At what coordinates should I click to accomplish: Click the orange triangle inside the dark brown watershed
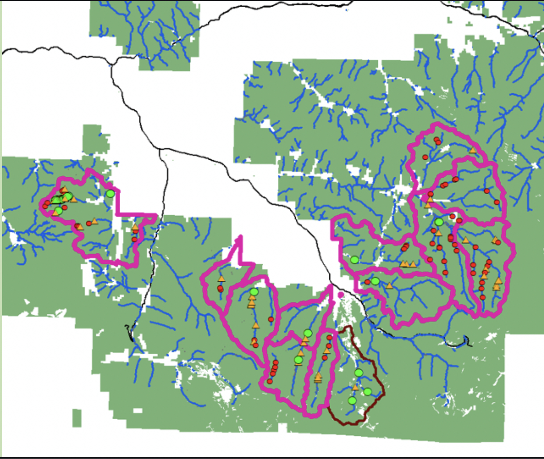pos(355,388)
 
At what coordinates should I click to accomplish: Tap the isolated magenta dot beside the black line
pos(341,295)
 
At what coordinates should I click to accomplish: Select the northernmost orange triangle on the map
pos(473,150)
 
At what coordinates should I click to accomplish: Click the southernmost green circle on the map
pos(352,401)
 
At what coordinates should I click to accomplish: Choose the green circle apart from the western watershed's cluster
pos(110,193)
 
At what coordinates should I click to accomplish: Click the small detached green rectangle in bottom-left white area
pos(77,418)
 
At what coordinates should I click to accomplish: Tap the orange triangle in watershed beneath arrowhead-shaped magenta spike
pos(221,279)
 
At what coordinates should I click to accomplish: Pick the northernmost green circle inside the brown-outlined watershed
pos(359,372)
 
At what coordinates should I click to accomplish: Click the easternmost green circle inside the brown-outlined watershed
pos(367,392)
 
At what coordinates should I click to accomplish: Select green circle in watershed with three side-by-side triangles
pos(354,259)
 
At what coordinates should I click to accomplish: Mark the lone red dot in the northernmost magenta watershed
pos(425,157)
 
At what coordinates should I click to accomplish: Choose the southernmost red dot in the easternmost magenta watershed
pos(482,297)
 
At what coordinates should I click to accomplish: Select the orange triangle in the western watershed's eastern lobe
pos(135,227)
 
